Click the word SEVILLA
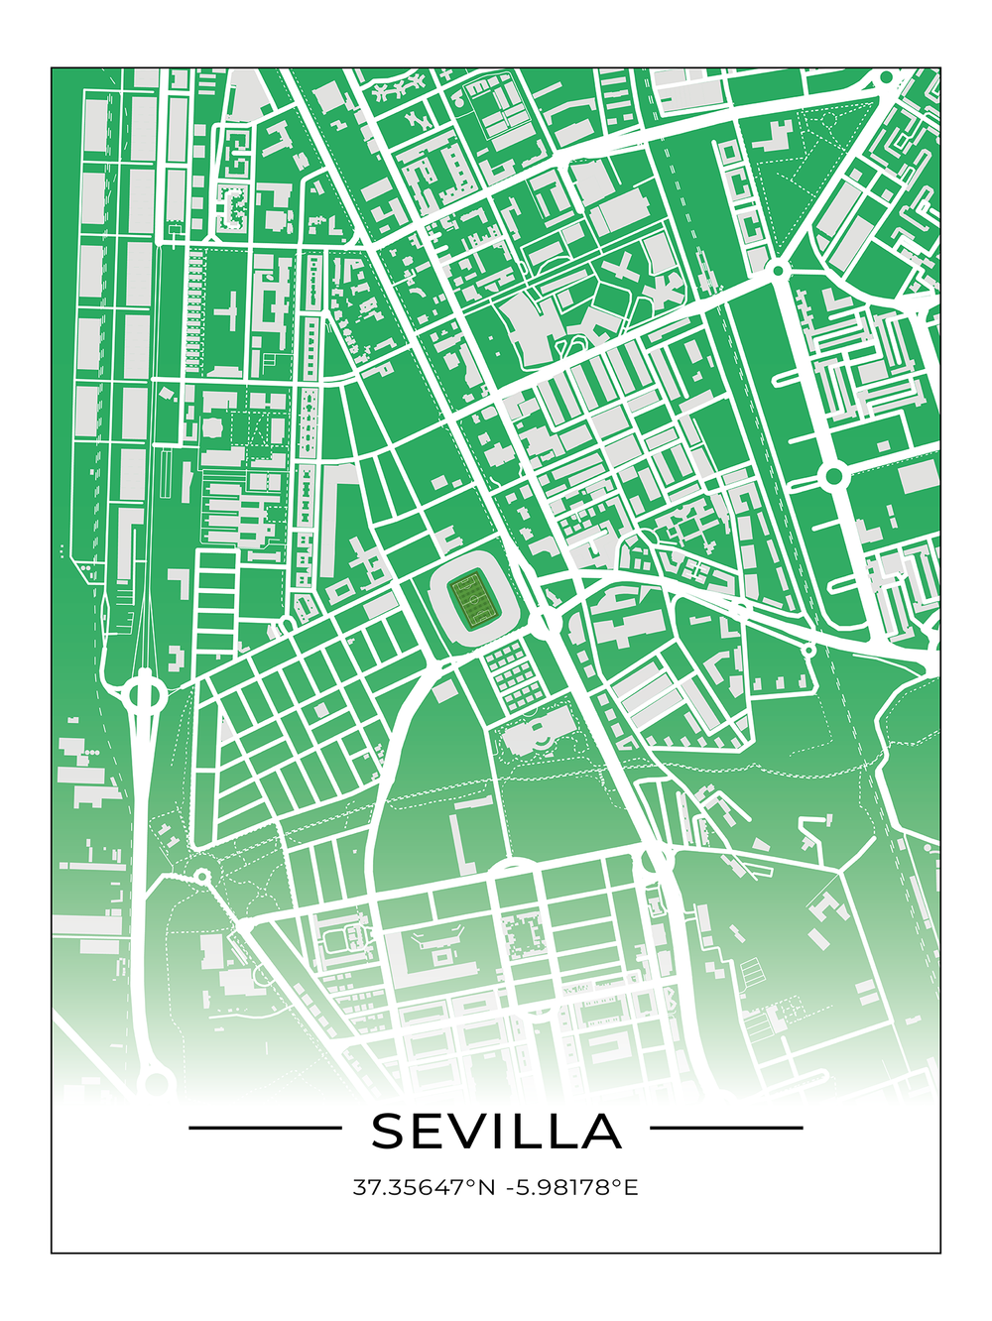coord(496,1131)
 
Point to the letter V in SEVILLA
coord(479,1131)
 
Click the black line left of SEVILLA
coord(265,1128)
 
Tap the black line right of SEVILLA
coord(726,1128)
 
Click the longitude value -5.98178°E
coord(572,1187)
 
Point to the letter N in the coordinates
coord(486,1187)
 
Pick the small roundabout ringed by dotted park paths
coord(202,876)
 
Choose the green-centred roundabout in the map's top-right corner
coord(886,77)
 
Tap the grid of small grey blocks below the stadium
coord(513,674)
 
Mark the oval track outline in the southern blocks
coord(346,938)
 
